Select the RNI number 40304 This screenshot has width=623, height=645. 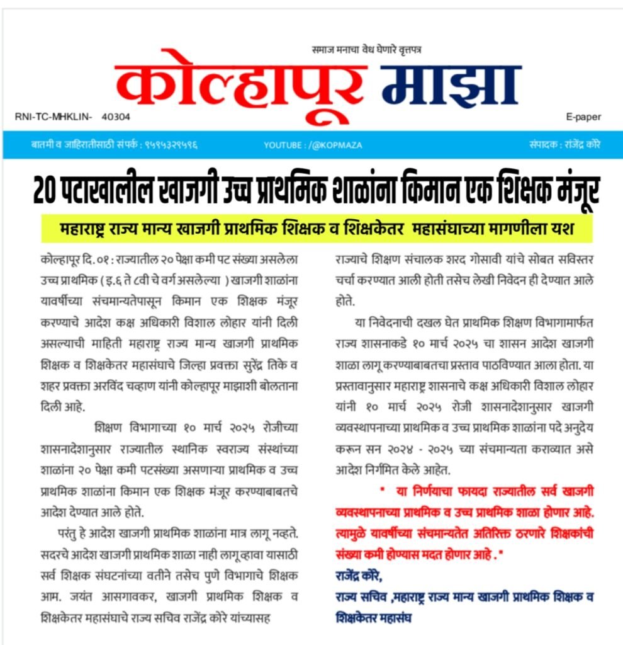(x=116, y=117)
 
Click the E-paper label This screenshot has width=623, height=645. (x=583, y=117)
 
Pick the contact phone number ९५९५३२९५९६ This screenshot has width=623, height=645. (x=171, y=145)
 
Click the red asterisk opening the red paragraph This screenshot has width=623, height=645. (x=381, y=490)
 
